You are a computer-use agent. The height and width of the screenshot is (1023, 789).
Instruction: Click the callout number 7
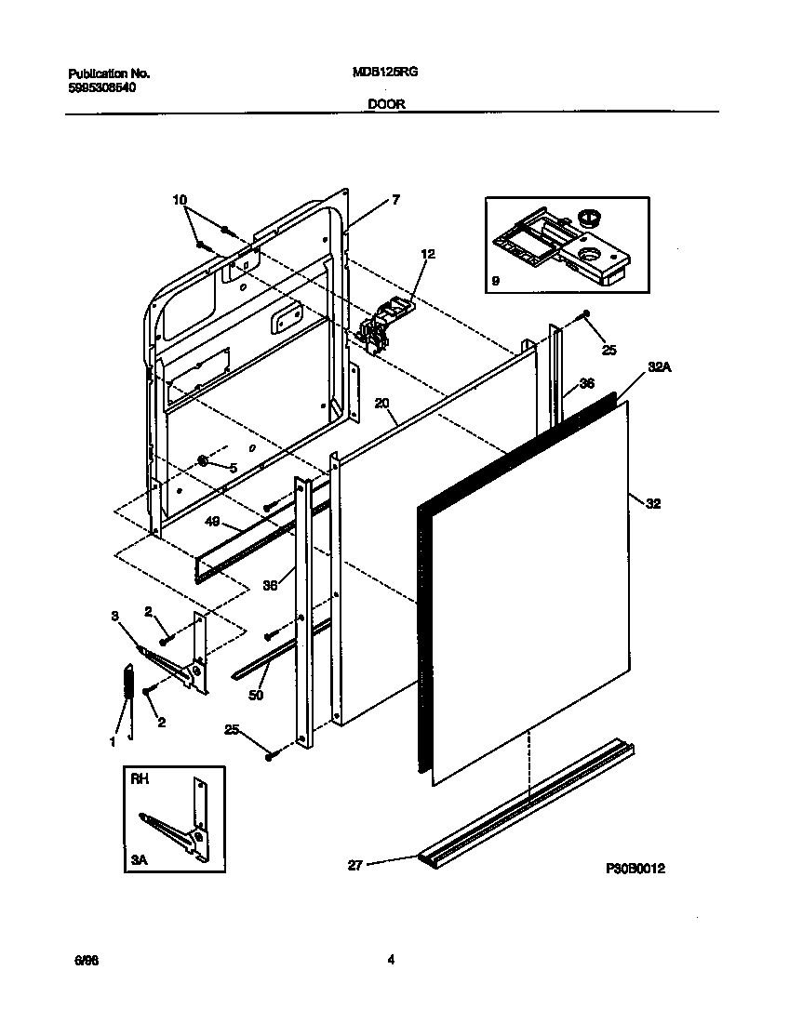(395, 200)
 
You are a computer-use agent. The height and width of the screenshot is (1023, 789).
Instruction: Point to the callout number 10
(180, 200)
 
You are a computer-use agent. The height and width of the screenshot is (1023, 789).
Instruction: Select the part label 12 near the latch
(427, 253)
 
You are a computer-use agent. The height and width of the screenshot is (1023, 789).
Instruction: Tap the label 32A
(660, 367)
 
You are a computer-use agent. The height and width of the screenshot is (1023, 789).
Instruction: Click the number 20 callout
(381, 403)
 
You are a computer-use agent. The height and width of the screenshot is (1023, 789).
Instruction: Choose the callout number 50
(256, 695)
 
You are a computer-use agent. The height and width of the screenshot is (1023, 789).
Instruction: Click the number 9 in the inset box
(495, 280)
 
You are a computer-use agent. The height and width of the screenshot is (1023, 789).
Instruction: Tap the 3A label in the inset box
(140, 861)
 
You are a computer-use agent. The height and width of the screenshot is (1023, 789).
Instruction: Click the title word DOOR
(386, 104)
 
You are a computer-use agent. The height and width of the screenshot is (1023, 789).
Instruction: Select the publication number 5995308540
(102, 86)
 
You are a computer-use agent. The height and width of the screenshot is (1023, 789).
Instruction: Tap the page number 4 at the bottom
(391, 961)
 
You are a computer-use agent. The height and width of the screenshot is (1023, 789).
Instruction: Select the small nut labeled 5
(202, 461)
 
